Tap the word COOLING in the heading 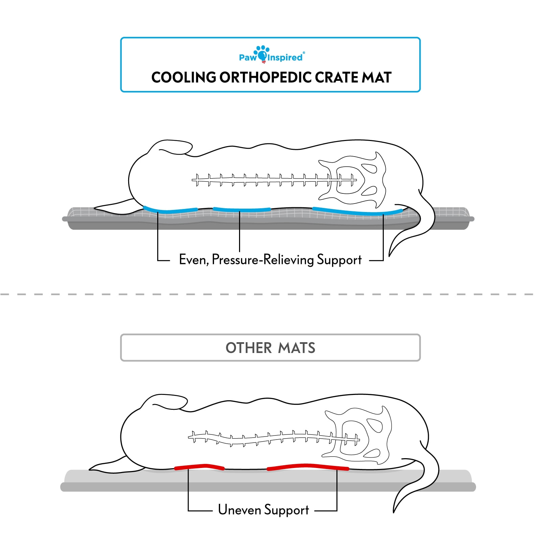[184, 77]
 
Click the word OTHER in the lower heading [249, 348]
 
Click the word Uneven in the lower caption [239, 510]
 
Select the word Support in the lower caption [287, 511]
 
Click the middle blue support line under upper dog [242, 210]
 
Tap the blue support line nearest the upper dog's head [170, 210]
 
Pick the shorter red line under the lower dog [199, 467]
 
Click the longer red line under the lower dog [308, 467]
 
